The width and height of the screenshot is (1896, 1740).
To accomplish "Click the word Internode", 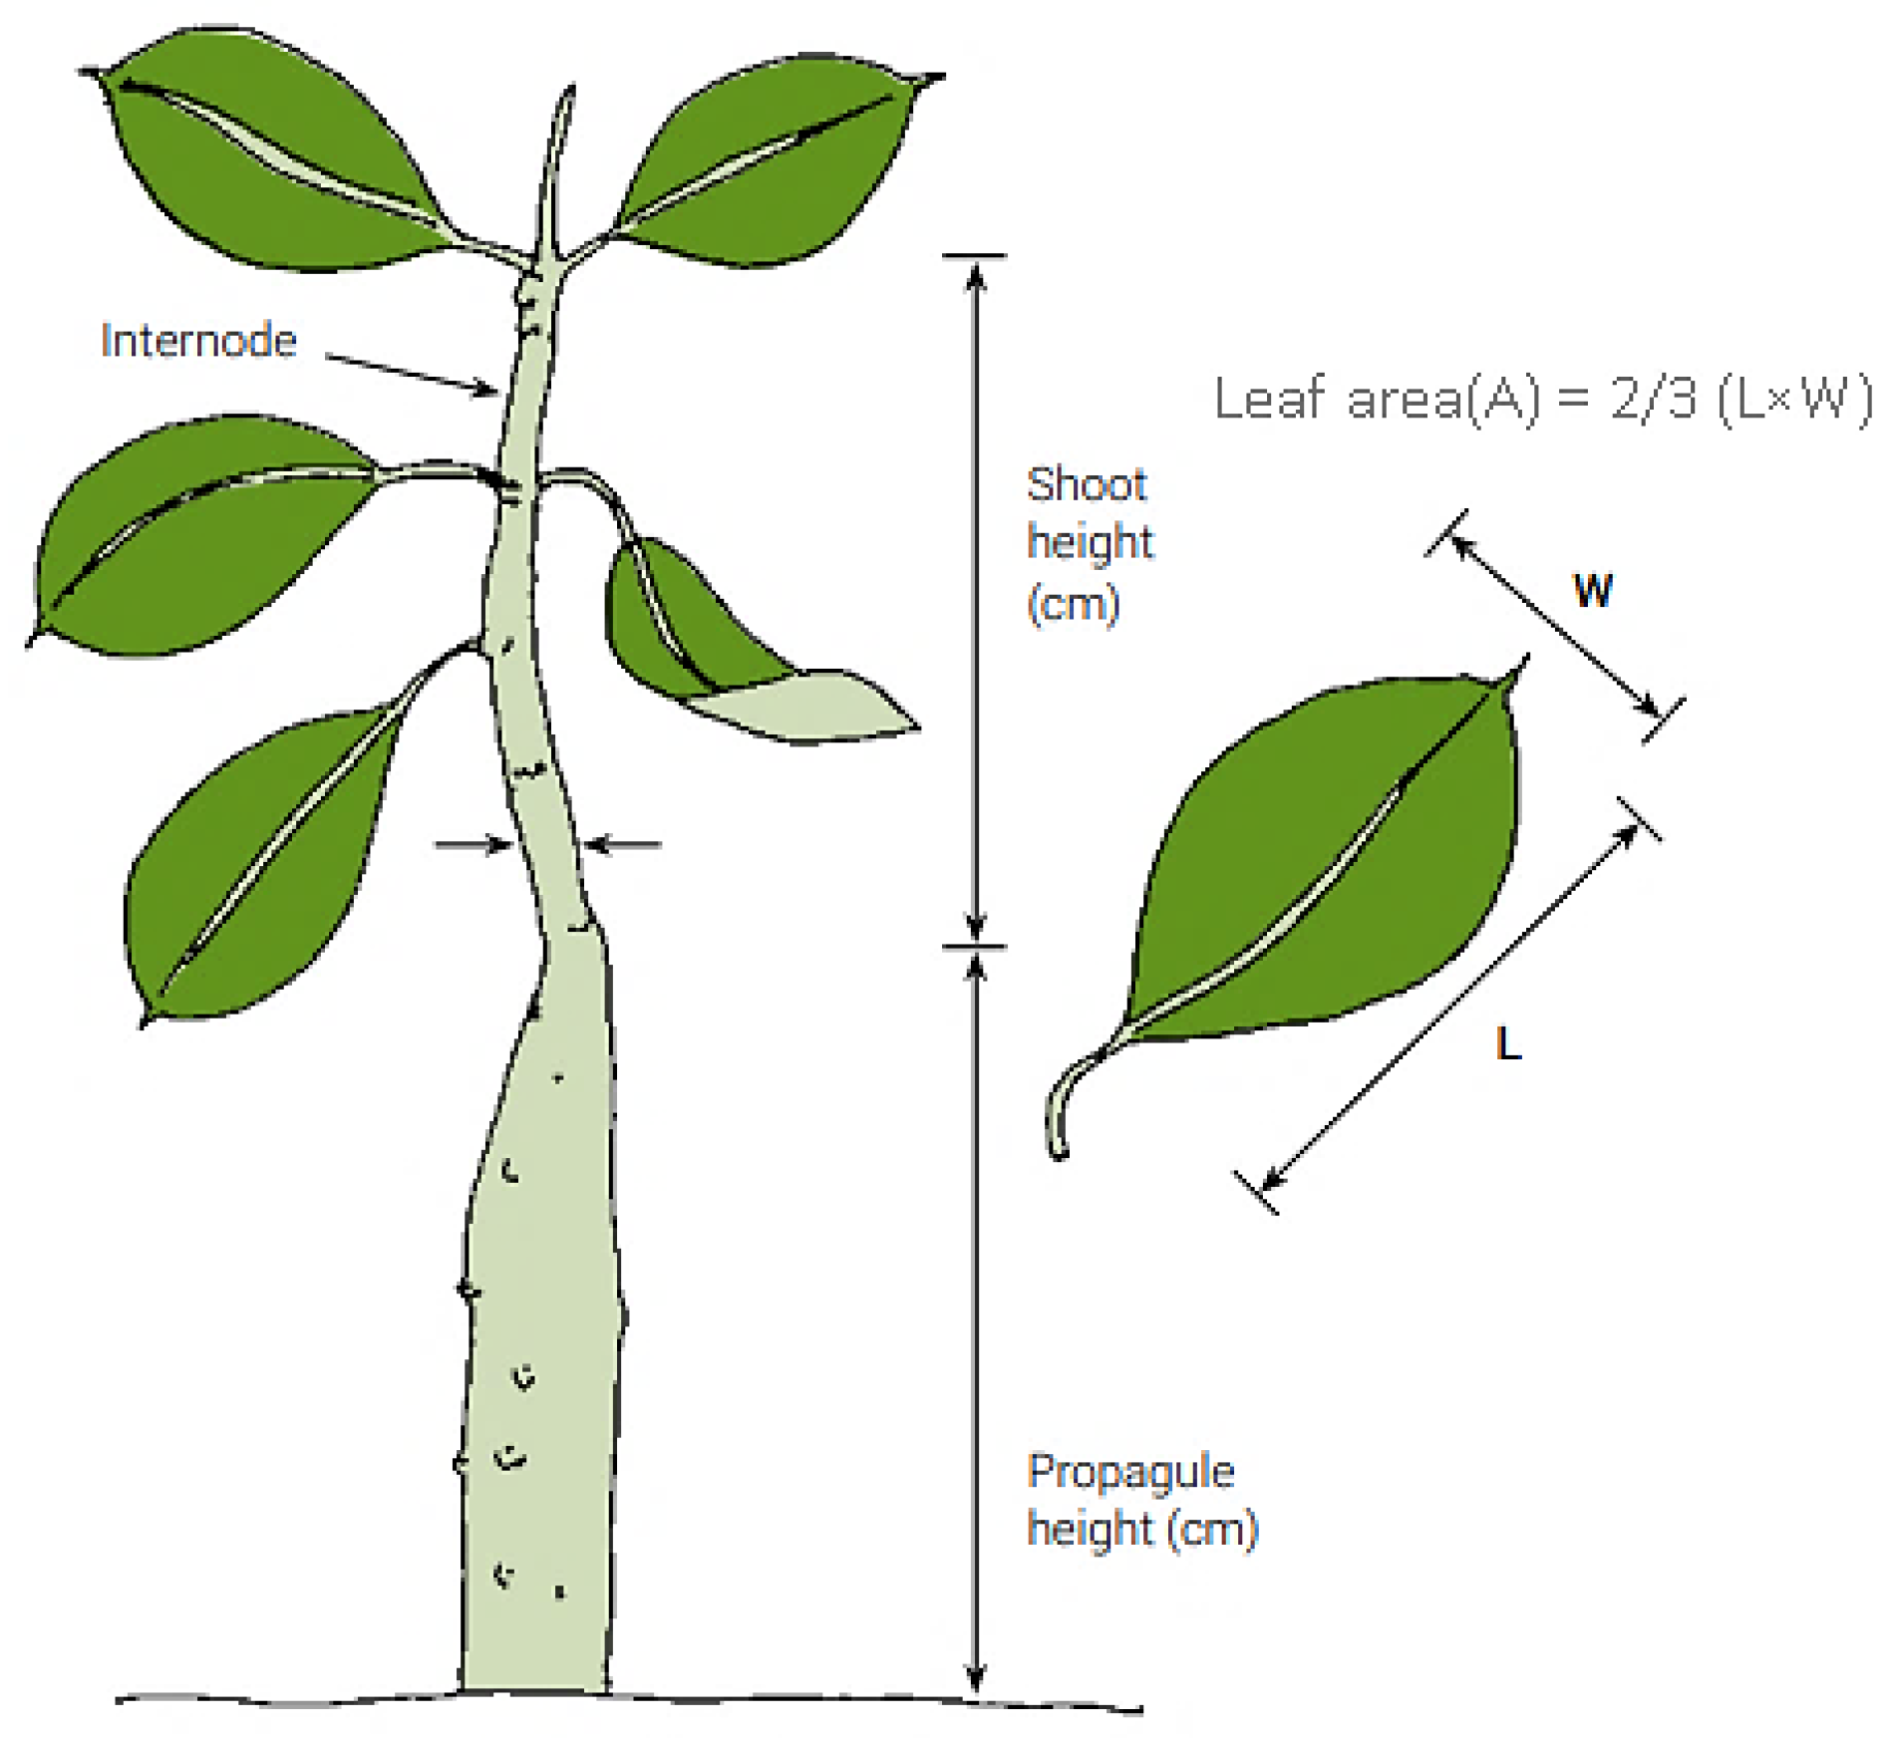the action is tap(198, 342).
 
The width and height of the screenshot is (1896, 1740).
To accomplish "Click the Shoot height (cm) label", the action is tap(1089, 543).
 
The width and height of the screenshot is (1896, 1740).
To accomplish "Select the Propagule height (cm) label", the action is tap(1141, 1500).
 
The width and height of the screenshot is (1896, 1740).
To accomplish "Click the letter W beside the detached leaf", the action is tap(1592, 590).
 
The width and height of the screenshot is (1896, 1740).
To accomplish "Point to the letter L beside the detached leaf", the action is tap(1508, 1044).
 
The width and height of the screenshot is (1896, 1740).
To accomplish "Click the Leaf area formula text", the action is tap(1541, 400).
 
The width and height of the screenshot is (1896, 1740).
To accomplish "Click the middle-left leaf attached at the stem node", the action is tap(199, 538).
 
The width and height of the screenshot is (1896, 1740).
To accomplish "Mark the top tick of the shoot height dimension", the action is tap(975, 257).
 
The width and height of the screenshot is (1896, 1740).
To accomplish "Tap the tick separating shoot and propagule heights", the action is tap(975, 946).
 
